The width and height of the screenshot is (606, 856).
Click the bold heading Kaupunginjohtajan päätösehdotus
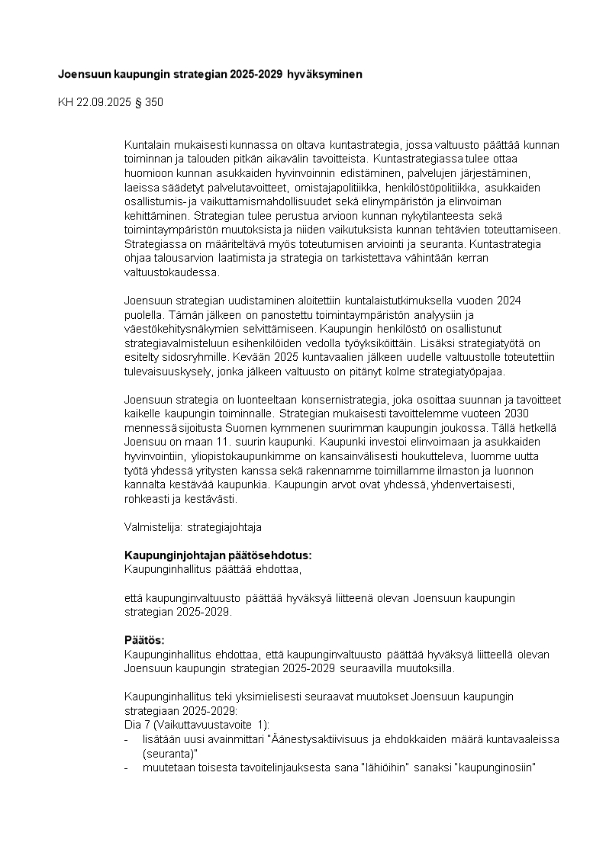click(x=218, y=555)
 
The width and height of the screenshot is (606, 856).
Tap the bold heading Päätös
click(x=144, y=640)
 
